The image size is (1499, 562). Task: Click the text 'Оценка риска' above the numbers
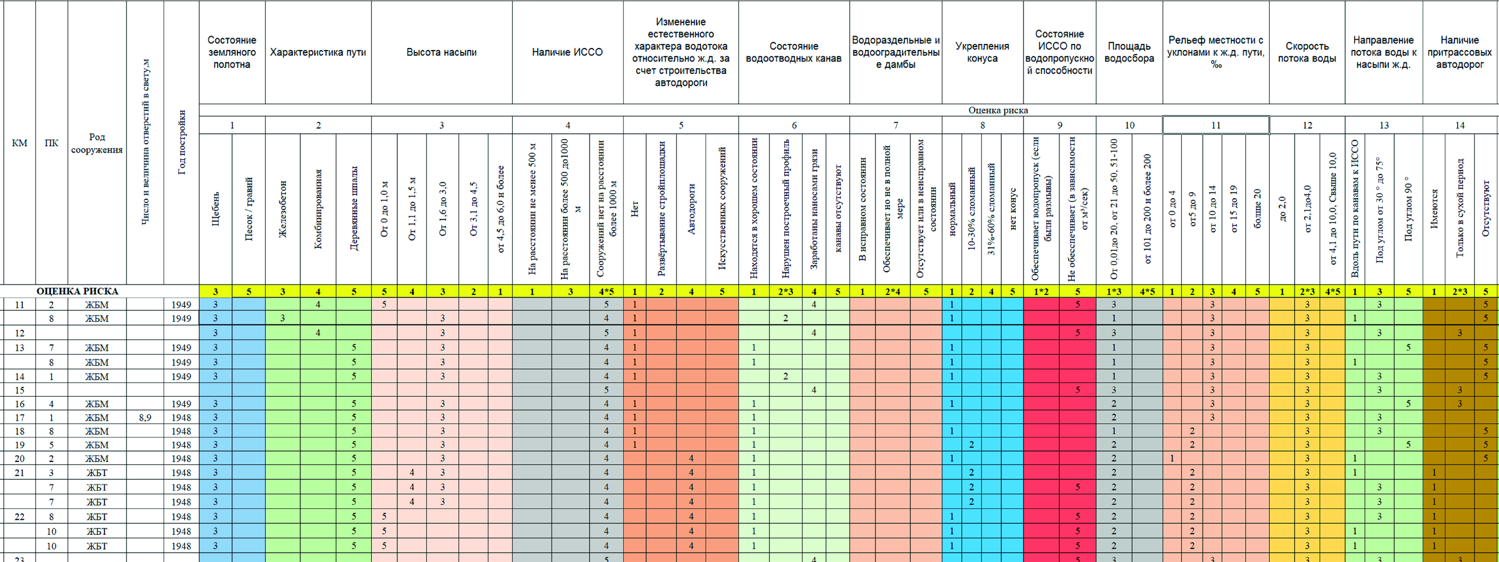[998, 110]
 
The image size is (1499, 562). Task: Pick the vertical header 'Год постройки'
[182, 143]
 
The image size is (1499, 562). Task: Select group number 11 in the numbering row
[1216, 125]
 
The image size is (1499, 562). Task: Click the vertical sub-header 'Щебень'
[215, 208]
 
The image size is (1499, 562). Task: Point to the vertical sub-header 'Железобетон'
[283, 208]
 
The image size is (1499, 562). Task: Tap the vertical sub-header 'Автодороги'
[691, 208]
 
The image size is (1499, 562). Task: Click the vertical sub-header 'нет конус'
[1012, 208]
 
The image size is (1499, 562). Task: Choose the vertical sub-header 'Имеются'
[1434, 208]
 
